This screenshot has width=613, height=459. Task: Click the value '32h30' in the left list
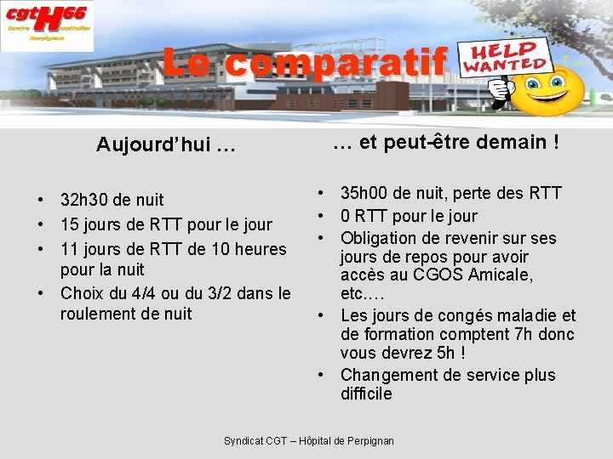tap(83, 201)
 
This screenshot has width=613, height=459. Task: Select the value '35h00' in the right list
tap(364, 194)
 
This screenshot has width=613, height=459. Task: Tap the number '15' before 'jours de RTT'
tap(69, 224)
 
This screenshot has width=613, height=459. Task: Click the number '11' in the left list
tap(69, 249)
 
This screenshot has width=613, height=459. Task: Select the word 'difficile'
tap(366, 394)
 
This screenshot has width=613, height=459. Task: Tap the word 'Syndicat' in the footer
tap(243, 440)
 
